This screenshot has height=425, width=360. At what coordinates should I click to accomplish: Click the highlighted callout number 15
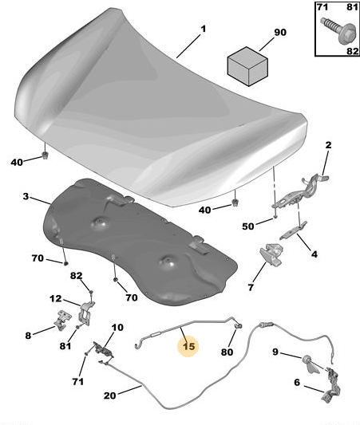coord(189,346)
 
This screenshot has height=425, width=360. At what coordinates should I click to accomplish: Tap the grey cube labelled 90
coord(247,66)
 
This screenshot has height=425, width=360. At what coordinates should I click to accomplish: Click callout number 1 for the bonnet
coord(204,29)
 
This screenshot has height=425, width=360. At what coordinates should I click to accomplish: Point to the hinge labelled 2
coord(300,192)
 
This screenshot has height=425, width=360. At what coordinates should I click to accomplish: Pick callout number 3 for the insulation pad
coord(26,196)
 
